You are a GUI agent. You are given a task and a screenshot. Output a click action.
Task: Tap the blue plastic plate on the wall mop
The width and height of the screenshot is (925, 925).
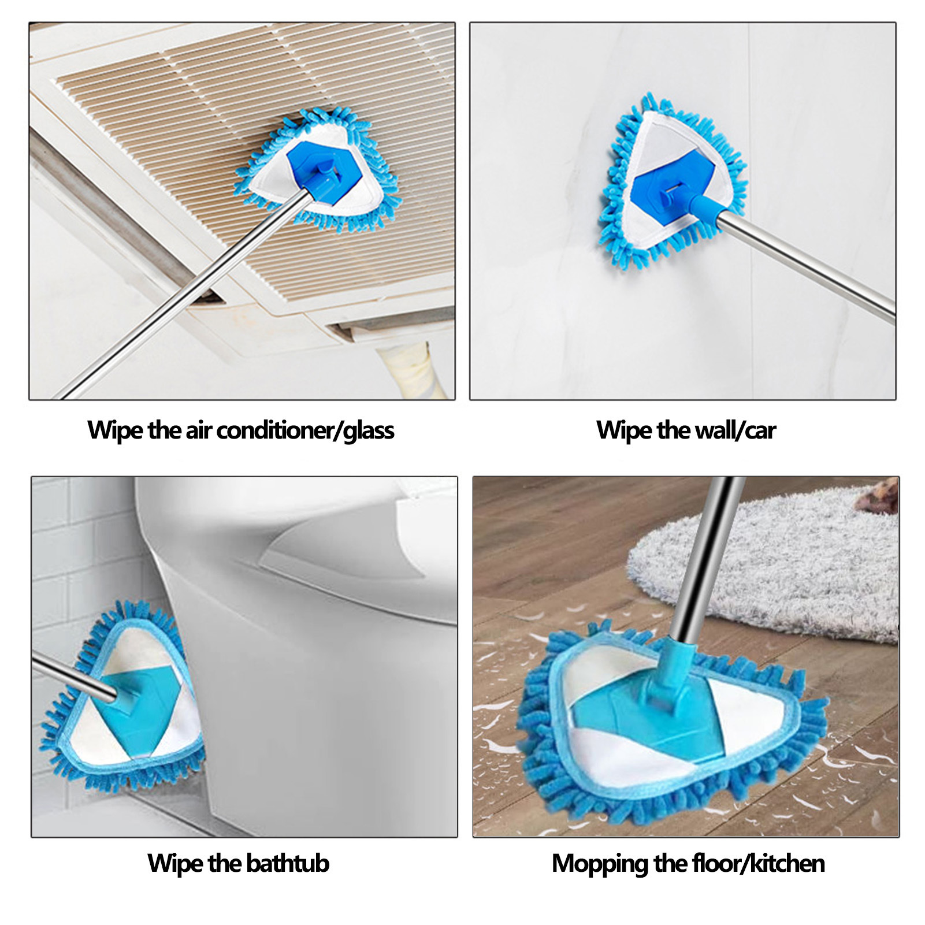click(x=664, y=185)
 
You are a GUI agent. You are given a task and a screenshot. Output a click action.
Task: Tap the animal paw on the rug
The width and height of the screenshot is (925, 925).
click(x=878, y=497)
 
